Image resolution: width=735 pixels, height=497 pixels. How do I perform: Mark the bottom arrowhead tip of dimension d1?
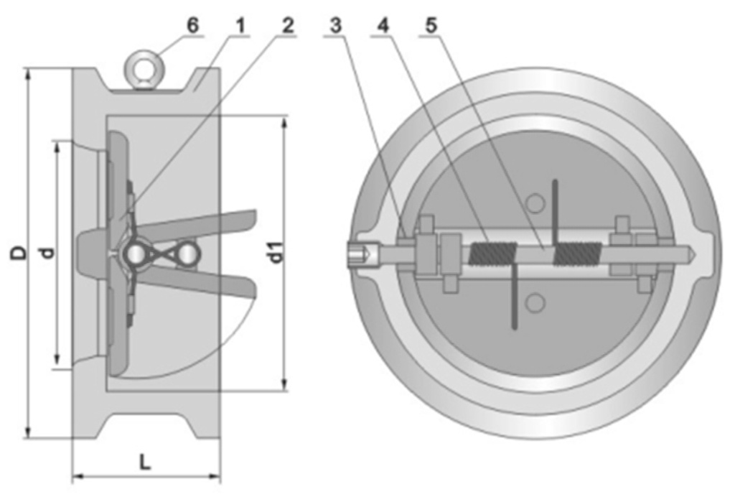point(284,390)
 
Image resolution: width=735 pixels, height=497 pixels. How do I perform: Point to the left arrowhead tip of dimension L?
point(72,477)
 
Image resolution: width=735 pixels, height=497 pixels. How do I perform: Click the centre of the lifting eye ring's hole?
point(142,68)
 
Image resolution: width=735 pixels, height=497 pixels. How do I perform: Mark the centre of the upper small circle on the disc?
point(535,204)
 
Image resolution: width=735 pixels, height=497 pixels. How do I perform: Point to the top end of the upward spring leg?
point(556,181)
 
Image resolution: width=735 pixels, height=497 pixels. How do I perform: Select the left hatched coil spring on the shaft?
point(493,255)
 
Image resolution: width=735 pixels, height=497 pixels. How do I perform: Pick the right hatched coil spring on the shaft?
point(577,254)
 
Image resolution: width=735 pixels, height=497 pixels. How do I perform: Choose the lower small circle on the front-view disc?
point(535,303)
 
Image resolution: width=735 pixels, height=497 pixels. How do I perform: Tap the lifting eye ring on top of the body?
point(142,70)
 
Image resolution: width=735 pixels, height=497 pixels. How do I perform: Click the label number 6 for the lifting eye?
point(192,25)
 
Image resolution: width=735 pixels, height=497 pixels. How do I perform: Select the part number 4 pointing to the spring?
point(383,26)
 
